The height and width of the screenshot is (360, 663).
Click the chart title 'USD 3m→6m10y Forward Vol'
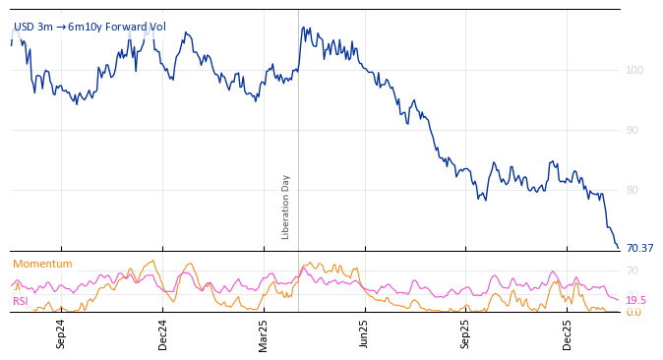[x=90, y=27]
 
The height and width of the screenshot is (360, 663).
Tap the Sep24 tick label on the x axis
[x=61, y=332]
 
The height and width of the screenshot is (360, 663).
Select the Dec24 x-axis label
[x=162, y=332]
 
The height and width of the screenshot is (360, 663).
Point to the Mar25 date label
[x=263, y=332]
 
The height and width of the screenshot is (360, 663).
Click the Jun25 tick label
[x=364, y=332]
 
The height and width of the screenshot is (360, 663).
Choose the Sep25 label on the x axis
[x=465, y=332]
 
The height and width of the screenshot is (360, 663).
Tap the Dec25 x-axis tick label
[x=567, y=332]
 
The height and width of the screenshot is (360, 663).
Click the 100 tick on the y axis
[x=634, y=70]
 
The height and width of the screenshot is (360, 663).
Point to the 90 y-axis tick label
[x=633, y=130]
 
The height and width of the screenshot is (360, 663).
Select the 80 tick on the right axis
[x=633, y=190]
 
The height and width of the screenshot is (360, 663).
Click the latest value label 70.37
[x=639, y=248]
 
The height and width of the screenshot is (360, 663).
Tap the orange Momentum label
[x=42, y=264]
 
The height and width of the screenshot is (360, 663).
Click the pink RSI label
[x=20, y=301]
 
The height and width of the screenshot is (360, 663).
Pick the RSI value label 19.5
[x=635, y=300]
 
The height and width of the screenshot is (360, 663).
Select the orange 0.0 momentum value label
[x=633, y=312]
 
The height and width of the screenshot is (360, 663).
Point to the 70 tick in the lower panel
[x=632, y=270]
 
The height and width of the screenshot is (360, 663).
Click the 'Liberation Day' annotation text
[x=286, y=207]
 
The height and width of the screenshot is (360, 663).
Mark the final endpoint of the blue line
[x=618, y=248]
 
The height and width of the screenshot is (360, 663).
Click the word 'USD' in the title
[x=24, y=27]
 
